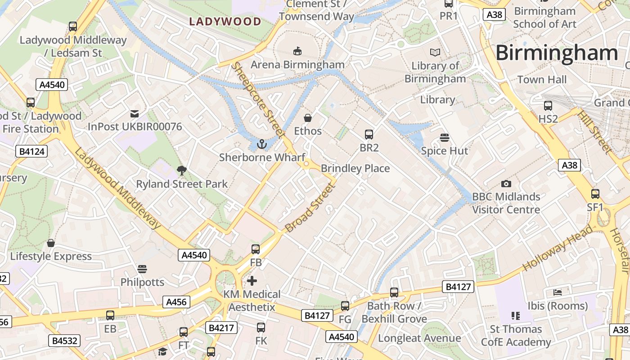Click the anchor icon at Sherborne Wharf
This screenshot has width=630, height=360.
pyautogui.click(x=261, y=144)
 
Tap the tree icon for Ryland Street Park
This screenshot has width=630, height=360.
pyautogui.click(x=182, y=171)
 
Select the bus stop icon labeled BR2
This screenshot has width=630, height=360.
pyautogui.click(x=369, y=134)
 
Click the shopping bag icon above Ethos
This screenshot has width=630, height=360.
pyautogui.click(x=308, y=118)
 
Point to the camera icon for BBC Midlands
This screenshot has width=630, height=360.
pyautogui.click(x=506, y=184)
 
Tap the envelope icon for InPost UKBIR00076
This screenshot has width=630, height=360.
pyautogui.click(x=135, y=113)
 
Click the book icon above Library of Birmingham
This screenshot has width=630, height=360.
pyautogui.click(x=435, y=53)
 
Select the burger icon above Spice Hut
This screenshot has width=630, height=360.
pyautogui.click(x=445, y=137)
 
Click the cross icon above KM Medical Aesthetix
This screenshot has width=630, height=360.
pyautogui.click(x=252, y=281)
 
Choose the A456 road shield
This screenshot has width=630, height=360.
pyautogui.click(x=176, y=302)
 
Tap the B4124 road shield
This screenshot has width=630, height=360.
pyautogui.click(x=31, y=151)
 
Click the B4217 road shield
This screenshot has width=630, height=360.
pyautogui.click(x=221, y=328)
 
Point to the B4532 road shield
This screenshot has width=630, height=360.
pyautogui.click(x=65, y=341)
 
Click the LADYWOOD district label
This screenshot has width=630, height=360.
pyautogui.click(x=225, y=21)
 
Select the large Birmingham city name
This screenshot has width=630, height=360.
pyautogui.click(x=557, y=53)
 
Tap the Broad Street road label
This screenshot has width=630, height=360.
pyautogui.click(x=311, y=207)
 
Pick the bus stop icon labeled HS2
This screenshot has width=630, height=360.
pyautogui.click(x=548, y=106)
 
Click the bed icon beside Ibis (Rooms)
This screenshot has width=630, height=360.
pyautogui.click(x=558, y=292)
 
